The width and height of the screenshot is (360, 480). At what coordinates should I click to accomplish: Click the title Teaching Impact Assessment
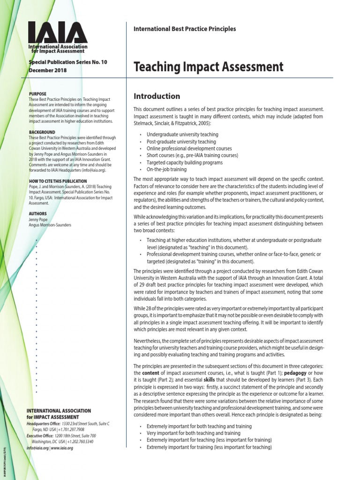(x=209, y=67)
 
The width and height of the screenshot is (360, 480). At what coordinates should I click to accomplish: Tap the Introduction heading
(x=157, y=96)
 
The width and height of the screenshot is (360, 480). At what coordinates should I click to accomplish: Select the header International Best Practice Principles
(x=185, y=29)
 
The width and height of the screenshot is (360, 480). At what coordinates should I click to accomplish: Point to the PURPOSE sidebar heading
(x=37, y=94)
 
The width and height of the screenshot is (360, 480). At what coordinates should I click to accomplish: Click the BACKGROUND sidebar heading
(x=42, y=132)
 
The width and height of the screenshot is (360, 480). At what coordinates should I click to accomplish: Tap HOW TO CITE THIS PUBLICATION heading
(x=58, y=181)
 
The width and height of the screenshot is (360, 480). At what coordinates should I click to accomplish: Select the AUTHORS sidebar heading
(x=37, y=213)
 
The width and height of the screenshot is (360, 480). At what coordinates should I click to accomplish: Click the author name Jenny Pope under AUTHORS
(x=39, y=219)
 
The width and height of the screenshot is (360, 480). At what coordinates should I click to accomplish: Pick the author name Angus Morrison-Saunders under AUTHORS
(x=50, y=225)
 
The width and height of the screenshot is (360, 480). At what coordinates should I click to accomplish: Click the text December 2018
(x=48, y=70)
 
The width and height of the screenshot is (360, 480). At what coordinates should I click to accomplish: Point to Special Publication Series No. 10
(x=61, y=62)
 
